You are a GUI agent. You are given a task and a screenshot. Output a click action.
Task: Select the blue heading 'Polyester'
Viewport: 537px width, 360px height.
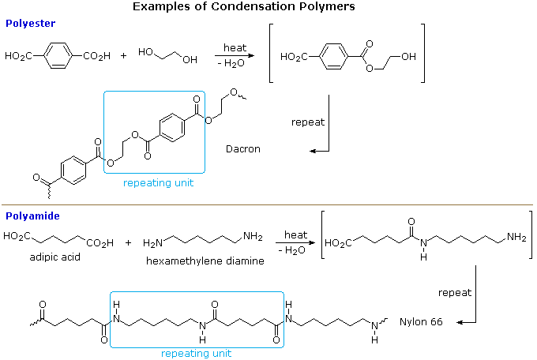click(x=30, y=23)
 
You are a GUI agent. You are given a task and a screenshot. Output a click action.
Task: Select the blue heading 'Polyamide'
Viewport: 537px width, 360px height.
click(x=33, y=216)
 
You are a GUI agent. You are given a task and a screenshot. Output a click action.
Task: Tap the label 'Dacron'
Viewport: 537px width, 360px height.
click(x=242, y=148)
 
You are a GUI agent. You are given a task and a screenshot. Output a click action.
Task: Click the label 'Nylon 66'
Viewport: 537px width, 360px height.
click(x=421, y=322)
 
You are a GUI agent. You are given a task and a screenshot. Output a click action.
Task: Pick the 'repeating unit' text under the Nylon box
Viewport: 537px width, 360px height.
click(x=196, y=354)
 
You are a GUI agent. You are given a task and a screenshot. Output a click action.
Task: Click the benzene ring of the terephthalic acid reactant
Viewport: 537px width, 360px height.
click(x=57, y=56)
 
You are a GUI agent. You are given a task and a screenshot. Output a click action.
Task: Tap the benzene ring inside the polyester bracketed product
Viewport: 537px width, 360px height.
click(x=336, y=57)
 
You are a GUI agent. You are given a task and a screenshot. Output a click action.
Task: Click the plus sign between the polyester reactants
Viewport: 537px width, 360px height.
click(x=123, y=56)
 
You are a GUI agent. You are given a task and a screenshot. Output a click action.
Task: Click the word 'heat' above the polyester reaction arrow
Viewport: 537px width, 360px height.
click(x=235, y=48)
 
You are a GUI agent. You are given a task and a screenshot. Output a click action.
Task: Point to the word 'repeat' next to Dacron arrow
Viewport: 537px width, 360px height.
click(x=307, y=122)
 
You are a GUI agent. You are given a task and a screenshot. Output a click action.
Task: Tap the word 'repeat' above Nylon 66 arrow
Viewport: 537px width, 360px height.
click(x=455, y=292)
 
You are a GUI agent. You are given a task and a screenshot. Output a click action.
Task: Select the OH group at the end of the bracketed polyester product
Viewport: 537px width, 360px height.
click(x=409, y=57)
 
